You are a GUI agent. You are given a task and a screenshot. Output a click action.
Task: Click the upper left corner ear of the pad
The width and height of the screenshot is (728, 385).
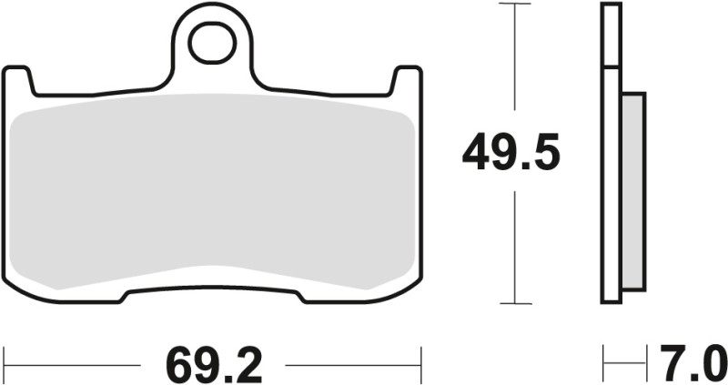pos(18,80)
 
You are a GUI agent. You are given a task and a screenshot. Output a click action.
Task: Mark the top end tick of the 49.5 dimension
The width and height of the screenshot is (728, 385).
pos(516,5)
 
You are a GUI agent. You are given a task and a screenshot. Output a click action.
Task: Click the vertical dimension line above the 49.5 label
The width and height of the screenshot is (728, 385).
pos(516,64)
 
